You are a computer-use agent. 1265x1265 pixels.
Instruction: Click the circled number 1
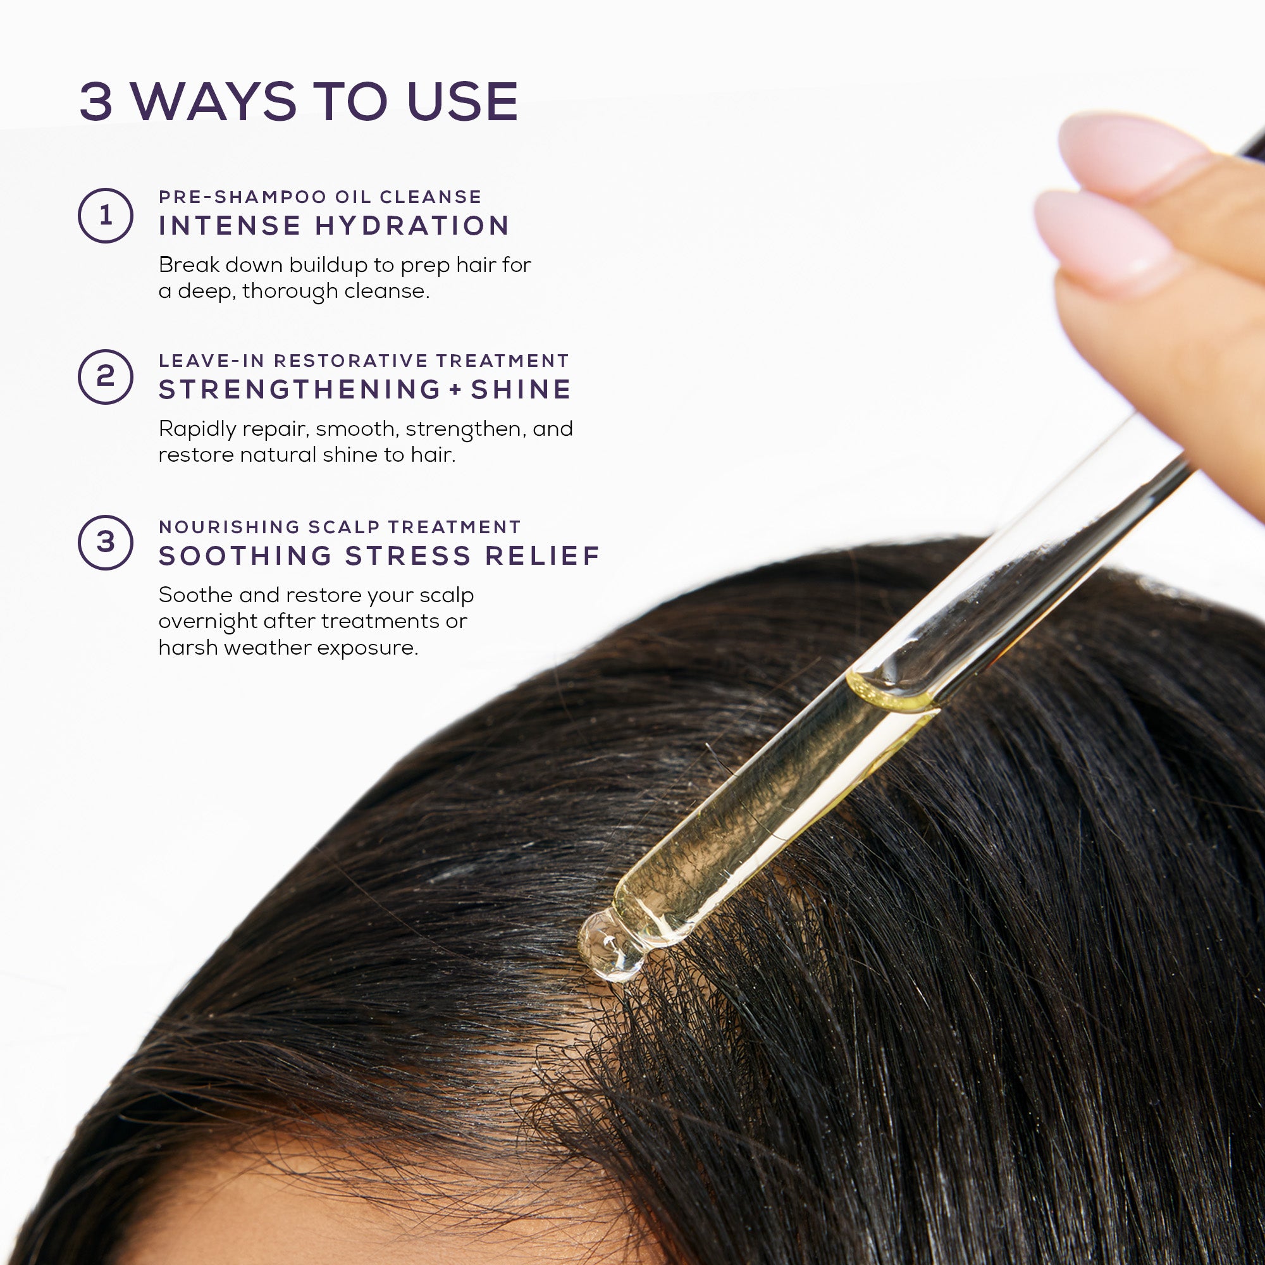tap(106, 216)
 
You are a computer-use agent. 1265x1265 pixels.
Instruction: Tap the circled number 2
tap(106, 376)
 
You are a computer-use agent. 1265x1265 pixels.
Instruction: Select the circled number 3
tap(106, 542)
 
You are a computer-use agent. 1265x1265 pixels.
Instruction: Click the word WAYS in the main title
tap(214, 101)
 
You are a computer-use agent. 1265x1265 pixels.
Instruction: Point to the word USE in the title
tap(462, 101)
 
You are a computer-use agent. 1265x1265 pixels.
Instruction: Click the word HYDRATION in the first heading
tap(412, 226)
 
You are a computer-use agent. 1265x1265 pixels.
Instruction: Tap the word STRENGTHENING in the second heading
tap(300, 390)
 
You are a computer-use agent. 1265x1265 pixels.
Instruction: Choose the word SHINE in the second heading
tap(521, 390)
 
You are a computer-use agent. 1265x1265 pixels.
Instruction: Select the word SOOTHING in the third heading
tap(245, 556)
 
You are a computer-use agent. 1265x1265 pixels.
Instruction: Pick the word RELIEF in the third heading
tap(543, 556)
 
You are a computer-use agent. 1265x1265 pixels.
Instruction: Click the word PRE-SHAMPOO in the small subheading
tap(242, 197)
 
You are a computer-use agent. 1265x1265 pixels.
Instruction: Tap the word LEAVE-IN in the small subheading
tap(211, 361)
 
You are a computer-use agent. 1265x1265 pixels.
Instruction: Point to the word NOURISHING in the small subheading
tap(229, 527)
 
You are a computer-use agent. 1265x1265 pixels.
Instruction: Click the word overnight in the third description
tap(207, 621)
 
